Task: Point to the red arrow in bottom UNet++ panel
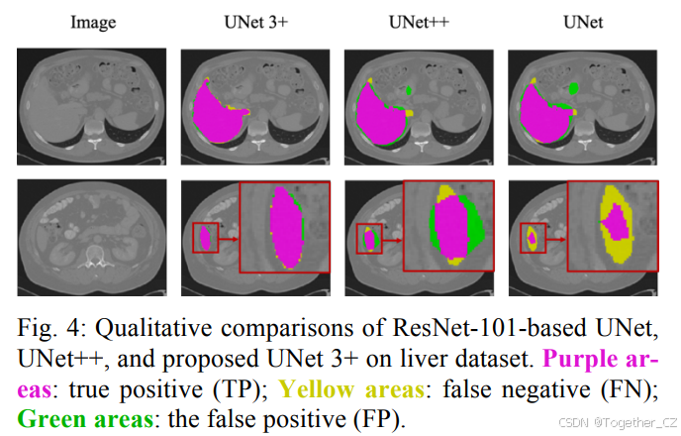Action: pyautogui.click(x=391, y=239)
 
